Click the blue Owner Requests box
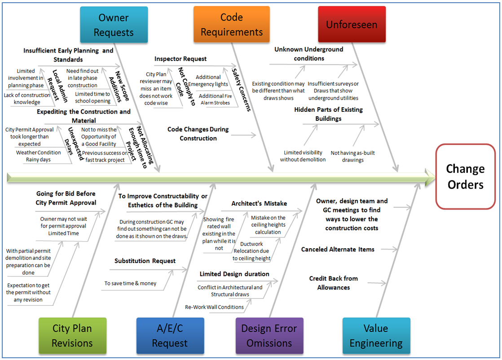tap(114, 25)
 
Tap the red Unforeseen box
tap(352, 25)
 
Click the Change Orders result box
tap(465, 176)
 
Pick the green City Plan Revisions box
tap(72, 335)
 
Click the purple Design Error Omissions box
tap(269, 335)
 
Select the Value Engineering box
tap(376, 335)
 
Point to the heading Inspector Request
tap(181, 59)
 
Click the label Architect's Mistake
tap(259, 203)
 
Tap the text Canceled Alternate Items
tap(338, 249)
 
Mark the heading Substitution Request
tap(145, 261)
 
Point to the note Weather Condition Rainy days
tap(39, 156)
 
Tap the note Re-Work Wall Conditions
tap(215, 307)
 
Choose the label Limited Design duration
tap(234, 274)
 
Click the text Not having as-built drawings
tap(352, 156)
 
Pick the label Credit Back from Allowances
tap(333, 283)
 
